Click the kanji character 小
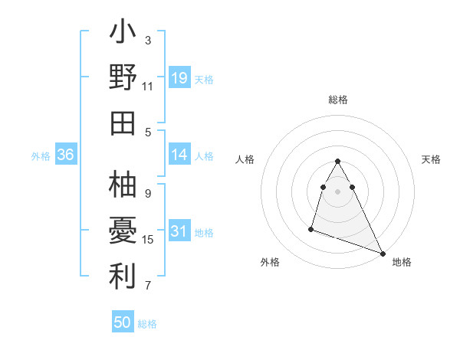coord(123,33)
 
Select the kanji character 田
coord(123,123)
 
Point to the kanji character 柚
coord(123,185)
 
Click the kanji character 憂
coord(123,231)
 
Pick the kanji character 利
coord(123,277)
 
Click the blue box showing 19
coord(179,78)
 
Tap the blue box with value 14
coord(179,155)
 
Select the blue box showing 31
coord(179,231)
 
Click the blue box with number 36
coord(66,155)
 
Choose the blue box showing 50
coord(123,322)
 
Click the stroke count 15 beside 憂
coord(148,240)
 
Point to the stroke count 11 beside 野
coord(148,87)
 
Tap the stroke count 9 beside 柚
coord(148,194)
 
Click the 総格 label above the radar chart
coord(338,100)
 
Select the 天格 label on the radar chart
coord(432,159)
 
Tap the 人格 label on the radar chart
coord(245,159)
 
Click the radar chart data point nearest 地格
coord(383,254)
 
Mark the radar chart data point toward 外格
coord(311,228)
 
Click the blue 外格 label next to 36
coord(41,155)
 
